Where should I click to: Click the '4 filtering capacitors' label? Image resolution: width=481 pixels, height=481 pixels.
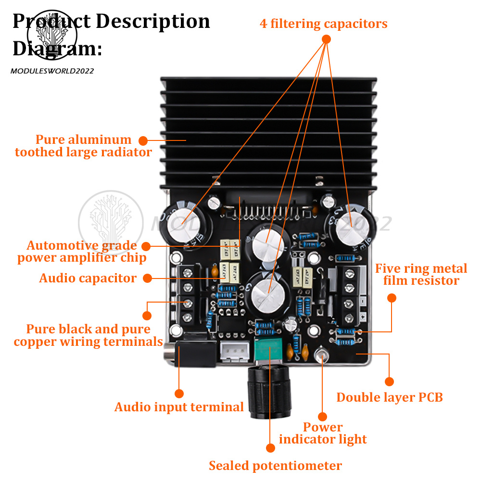coord(323,23)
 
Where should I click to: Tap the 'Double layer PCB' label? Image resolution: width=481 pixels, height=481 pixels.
coord(389,397)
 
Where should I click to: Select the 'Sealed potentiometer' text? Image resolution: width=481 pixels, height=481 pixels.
coord(275,466)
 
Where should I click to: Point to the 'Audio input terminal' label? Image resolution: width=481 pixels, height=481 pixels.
coord(179,407)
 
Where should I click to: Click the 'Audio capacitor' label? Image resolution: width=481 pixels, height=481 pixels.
coord(88,278)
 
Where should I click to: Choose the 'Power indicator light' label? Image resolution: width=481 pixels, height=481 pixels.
coord(323,433)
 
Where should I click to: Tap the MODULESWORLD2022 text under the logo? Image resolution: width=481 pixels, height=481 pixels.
coord(52,71)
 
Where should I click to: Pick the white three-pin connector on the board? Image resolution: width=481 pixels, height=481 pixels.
coord(234,353)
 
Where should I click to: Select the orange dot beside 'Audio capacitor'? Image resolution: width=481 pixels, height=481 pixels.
coord(148,278)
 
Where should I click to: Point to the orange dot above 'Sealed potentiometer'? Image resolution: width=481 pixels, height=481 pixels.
coord(270,448)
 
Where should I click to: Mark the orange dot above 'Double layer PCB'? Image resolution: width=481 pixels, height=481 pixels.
coord(390,381)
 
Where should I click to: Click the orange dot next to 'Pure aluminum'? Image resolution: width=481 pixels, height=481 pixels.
coord(143,140)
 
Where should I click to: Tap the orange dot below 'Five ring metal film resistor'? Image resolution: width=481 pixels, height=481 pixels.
coord(392,298)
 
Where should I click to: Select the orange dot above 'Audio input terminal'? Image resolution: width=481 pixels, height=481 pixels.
coord(179,392)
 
